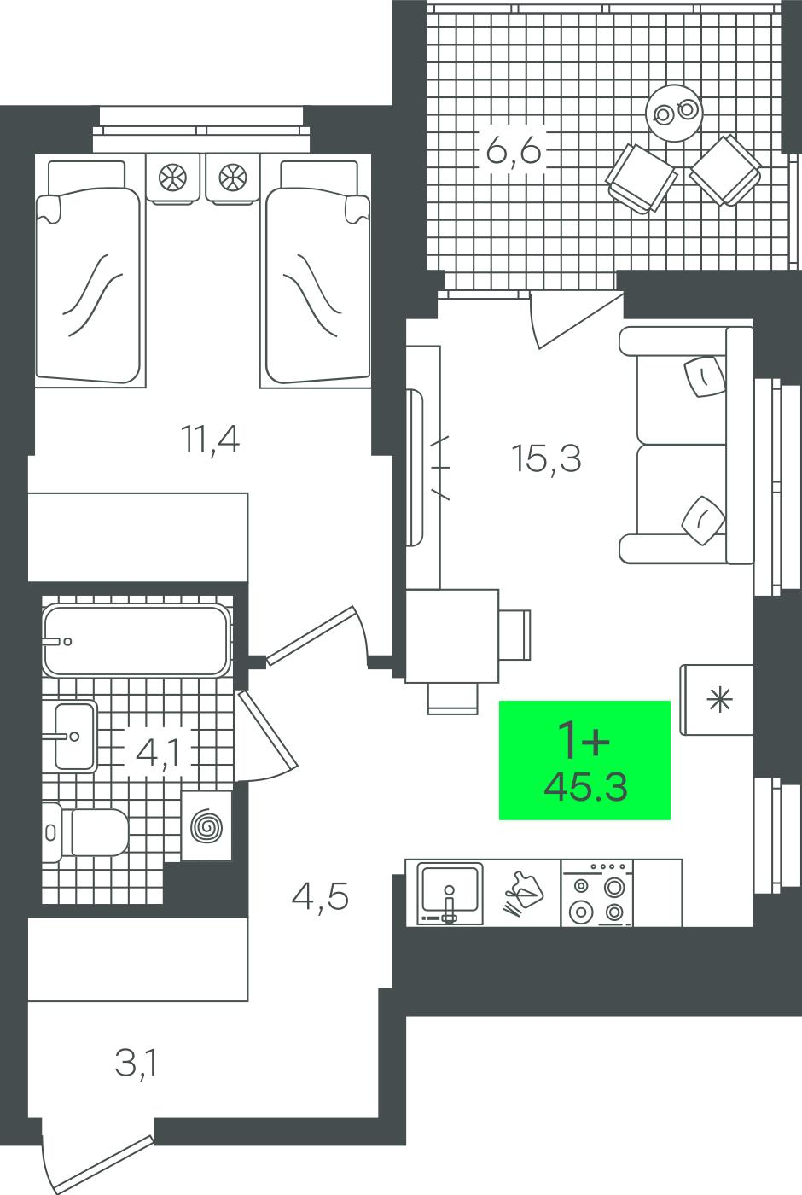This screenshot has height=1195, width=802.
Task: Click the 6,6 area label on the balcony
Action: pos(513,150)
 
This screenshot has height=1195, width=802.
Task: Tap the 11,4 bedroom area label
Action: pos(210,439)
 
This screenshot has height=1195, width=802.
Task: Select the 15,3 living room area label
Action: pos(546,458)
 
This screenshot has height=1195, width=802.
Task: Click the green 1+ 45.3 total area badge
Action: pos(584,760)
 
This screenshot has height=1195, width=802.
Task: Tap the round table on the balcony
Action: pos(673,113)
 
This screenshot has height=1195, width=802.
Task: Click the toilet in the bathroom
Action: pos(85,832)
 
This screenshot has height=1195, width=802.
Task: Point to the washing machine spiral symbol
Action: pos(206,829)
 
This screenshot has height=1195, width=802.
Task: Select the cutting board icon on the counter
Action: pos(521,893)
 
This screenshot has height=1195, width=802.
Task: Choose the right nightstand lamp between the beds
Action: pos(231,177)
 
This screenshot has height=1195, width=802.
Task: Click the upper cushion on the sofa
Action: pos(705,376)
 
